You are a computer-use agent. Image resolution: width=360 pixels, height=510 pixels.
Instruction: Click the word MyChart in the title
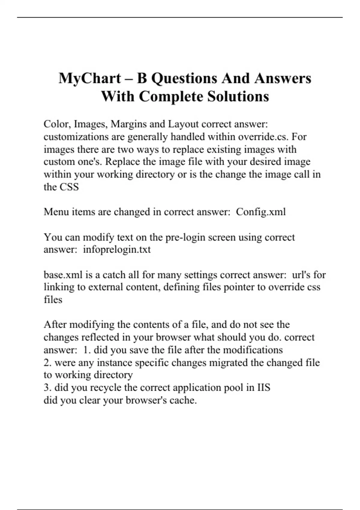[89, 79]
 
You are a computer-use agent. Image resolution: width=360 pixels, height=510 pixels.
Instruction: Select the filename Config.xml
[261, 212]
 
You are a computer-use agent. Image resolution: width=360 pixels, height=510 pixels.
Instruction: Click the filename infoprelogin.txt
[117, 250]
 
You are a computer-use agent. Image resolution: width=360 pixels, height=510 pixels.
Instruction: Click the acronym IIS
[264, 388]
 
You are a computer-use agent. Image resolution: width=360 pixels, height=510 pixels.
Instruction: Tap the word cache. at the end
[183, 400]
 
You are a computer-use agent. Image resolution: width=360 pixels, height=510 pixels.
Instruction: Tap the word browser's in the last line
[146, 400]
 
